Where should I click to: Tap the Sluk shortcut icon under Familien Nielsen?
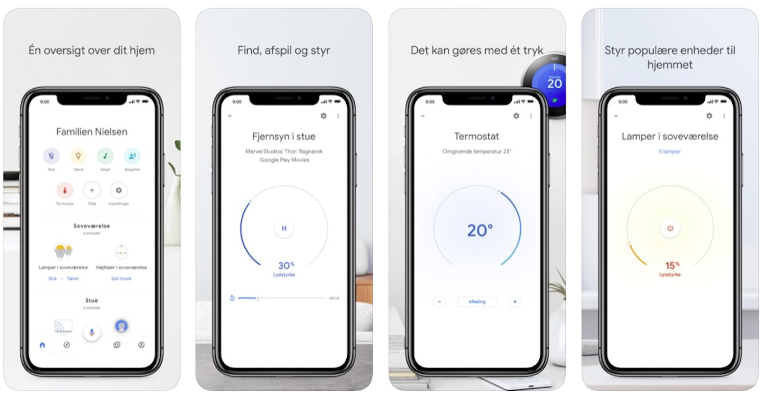click(x=51, y=156)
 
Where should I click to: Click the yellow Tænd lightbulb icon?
click(x=78, y=156)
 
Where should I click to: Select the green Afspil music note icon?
click(x=105, y=156)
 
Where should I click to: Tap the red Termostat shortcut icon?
click(x=65, y=190)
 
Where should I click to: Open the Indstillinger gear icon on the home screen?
click(x=118, y=190)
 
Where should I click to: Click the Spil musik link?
click(x=121, y=279)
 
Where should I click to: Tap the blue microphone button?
click(x=92, y=332)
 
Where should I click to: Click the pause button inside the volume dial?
click(x=284, y=228)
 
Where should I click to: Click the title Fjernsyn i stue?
click(x=284, y=136)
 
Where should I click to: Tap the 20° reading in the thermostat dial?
click(x=480, y=231)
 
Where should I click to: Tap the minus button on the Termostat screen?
click(x=439, y=301)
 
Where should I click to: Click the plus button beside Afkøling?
click(x=515, y=301)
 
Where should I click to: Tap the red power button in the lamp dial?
click(x=670, y=228)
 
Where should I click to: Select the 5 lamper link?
click(x=669, y=151)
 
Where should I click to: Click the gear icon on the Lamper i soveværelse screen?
click(x=709, y=116)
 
